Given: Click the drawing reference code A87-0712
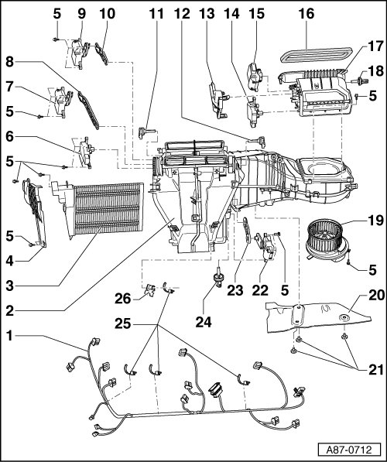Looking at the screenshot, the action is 349,450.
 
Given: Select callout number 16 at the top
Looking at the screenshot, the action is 307,14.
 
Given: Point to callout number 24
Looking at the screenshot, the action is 204,322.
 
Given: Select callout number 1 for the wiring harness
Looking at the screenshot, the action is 9,336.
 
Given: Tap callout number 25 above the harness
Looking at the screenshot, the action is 123,323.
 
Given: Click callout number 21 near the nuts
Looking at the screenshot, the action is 376,370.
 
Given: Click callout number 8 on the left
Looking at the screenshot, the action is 9,62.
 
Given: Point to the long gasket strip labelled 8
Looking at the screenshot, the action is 88,111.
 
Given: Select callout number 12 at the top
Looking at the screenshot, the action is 182,14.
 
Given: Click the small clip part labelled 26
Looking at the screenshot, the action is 151,290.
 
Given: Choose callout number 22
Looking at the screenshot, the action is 260,290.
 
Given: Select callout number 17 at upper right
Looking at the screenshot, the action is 376,46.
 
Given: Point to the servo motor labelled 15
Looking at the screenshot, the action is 254,77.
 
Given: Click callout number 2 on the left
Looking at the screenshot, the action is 9,311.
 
